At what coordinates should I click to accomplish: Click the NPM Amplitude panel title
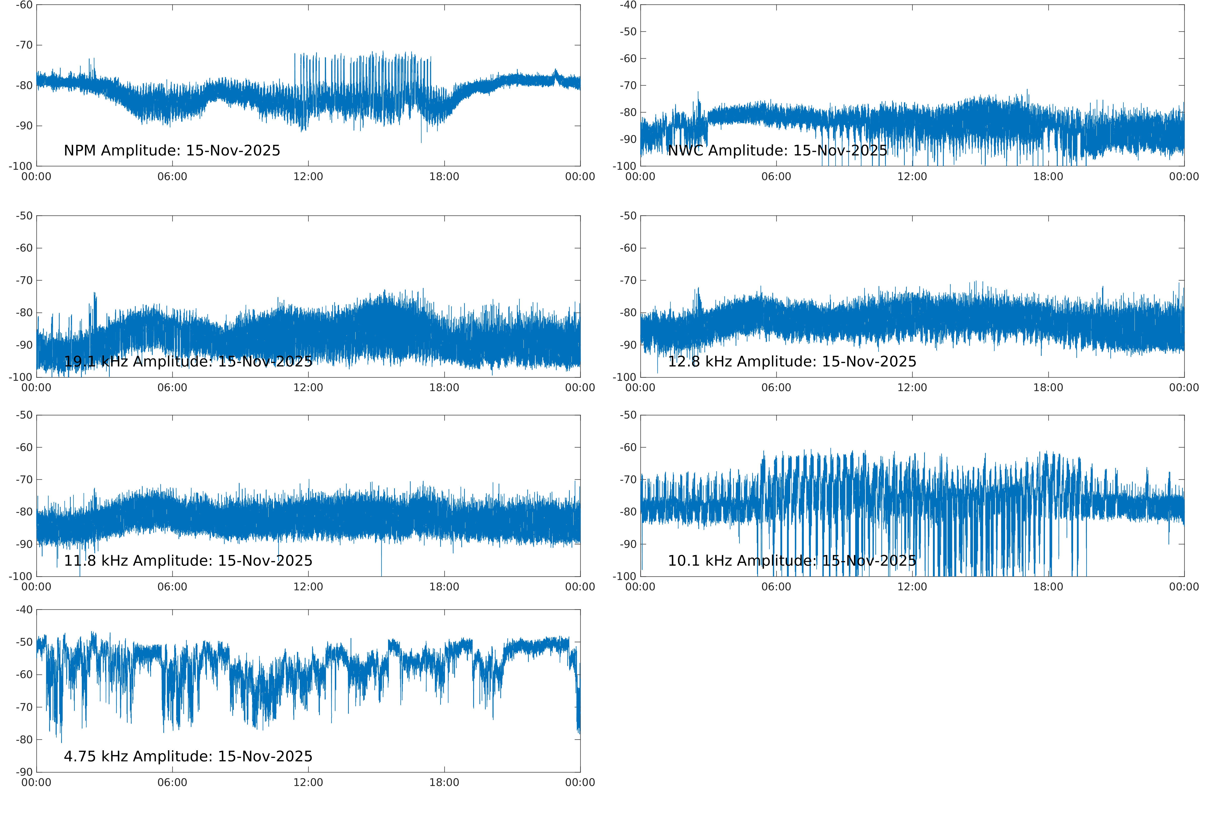172,151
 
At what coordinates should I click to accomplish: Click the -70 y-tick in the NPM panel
24,45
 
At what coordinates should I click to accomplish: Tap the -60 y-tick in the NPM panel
24,5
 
